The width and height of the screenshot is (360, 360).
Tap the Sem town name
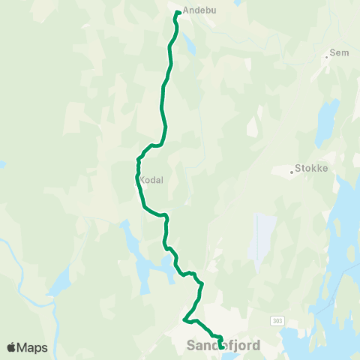point(340,55)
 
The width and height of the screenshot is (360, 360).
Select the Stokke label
point(313,169)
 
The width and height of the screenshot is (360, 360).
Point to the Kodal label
point(150,180)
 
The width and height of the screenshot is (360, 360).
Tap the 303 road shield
point(278,320)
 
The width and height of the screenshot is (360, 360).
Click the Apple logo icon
point(11,347)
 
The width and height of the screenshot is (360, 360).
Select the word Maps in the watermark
point(32,347)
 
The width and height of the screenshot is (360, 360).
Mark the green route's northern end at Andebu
point(178,12)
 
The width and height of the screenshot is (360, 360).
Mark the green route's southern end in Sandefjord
point(220,346)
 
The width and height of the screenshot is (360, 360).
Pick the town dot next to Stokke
point(292,172)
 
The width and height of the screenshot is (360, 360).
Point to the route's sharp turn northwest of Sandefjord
point(184,321)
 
